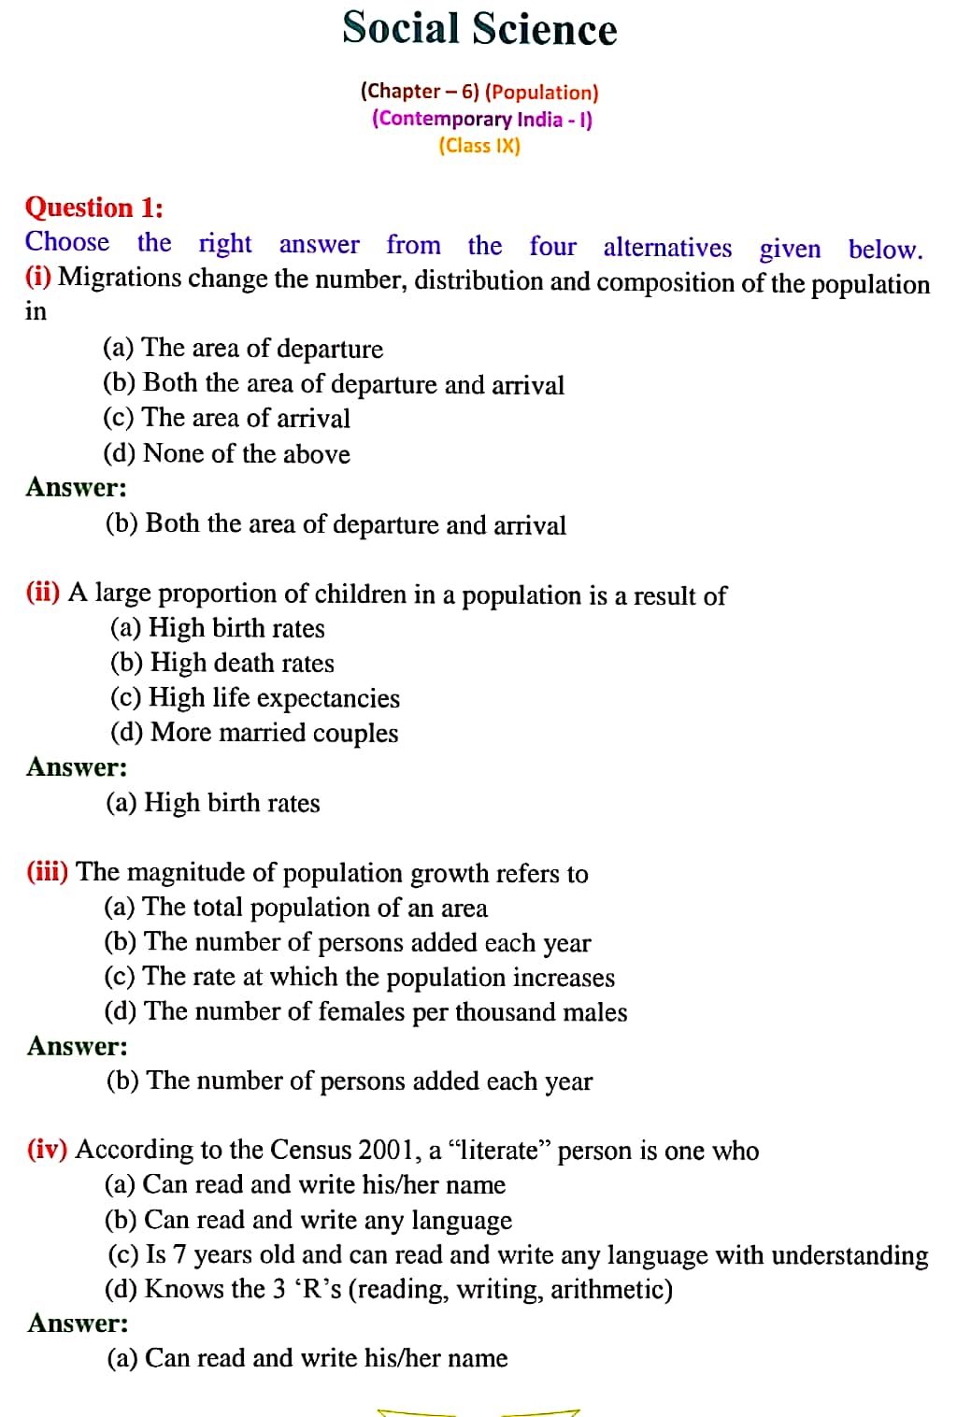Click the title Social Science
click(x=479, y=28)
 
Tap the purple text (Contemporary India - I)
click(x=481, y=119)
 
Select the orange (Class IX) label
click(x=479, y=146)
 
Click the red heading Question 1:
click(x=93, y=207)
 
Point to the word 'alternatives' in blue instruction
click(x=667, y=247)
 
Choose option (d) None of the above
click(x=226, y=453)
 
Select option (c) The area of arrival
click(x=226, y=418)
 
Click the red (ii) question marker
click(x=43, y=593)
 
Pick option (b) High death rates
click(x=221, y=663)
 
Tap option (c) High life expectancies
click(x=254, y=698)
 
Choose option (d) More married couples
click(x=253, y=733)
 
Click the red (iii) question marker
click(x=47, y=872)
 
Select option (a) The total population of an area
click(x=295, y=908)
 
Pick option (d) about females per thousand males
click(x=365, y=1011)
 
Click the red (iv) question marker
click(x=47, y=1149)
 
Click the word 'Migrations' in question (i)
click(x=119, y=278)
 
